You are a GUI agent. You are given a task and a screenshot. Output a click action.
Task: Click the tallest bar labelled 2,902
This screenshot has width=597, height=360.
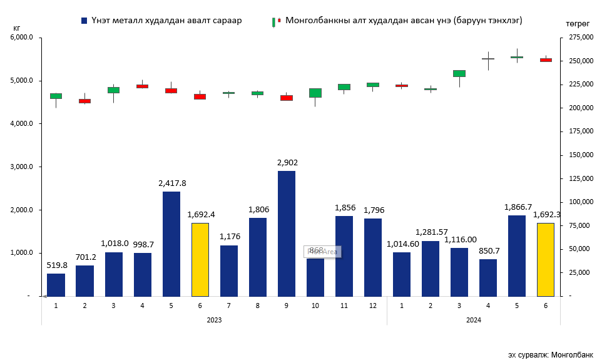coord(287,233)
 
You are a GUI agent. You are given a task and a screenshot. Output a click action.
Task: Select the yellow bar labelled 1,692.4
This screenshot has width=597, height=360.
coord(200,259)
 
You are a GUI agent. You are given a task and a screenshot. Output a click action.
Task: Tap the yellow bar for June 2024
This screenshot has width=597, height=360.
coord(546,259)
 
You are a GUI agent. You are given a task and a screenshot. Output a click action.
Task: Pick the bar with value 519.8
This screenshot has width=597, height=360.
coord(56,284)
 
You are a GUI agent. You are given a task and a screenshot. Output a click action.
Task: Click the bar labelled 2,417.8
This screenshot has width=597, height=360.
coord(171,244)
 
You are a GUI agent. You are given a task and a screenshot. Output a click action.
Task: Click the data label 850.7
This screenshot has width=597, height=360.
coord(487,250)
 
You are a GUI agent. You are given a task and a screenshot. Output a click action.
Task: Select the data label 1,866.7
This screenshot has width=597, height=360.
coord(518,207)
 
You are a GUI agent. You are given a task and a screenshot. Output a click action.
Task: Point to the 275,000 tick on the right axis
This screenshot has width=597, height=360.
coord(579,38)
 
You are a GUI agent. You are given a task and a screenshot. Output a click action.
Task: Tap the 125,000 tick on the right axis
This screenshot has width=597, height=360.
coord(579,178)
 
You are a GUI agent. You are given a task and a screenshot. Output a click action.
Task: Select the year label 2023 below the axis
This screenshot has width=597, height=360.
coord(214,320)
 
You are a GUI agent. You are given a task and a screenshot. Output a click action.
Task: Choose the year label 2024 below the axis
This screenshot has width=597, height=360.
coord(473,320)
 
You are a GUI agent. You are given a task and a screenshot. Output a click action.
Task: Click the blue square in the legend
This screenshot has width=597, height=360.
coord(84,21)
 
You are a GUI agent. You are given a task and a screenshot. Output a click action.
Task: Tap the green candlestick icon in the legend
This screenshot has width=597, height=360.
coord(273,22)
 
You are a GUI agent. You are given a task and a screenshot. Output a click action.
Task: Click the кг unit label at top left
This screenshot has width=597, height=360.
coord(17,28)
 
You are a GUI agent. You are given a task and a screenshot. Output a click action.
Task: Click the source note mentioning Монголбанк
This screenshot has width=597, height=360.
coord(550,354)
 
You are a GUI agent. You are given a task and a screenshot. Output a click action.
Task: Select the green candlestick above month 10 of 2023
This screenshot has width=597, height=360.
coord(315,93)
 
